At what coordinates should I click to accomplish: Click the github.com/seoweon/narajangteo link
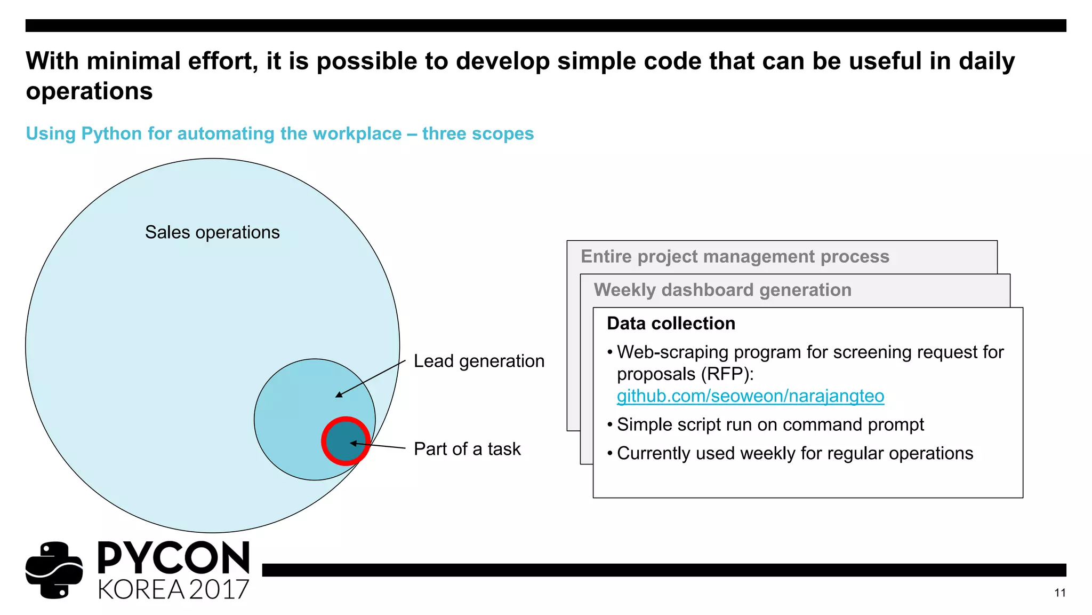pos(750,396)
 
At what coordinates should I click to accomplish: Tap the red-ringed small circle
pos(346,441)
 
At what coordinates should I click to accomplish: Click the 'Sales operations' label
pos(212,232)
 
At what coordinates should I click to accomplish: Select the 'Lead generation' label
pos(479,361)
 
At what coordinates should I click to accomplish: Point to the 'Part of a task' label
pos(467,449)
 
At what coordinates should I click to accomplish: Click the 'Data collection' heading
pos(671,324)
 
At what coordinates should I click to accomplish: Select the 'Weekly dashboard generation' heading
pos(722,290)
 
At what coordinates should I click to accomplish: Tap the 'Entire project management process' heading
pos(735,257)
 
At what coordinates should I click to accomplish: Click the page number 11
pos(1059,593)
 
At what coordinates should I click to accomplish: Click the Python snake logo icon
pos(54,570)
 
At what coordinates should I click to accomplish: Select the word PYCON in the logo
pos(174,558)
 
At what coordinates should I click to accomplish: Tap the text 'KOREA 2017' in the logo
pos(174,589)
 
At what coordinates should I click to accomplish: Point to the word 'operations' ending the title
pos(90,91)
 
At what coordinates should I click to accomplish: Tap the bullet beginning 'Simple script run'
pos(770,424)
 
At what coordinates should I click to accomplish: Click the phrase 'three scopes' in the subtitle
pos(478,133)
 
